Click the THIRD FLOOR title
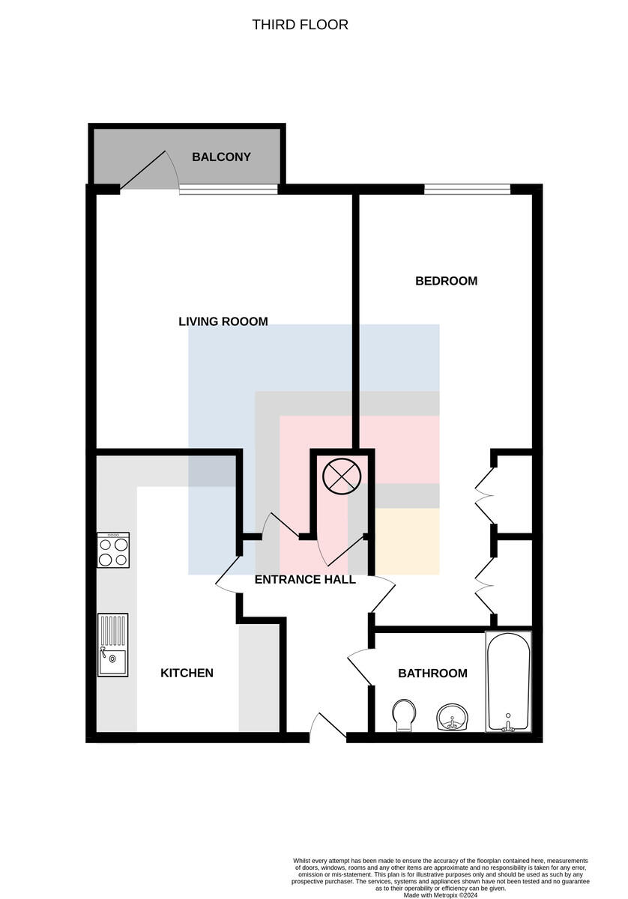[300, 25]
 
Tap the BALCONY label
[221, 157]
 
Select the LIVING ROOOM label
[223, 321]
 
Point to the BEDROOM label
[446, 281]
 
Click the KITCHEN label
[187, 673]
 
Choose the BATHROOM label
[432, 673]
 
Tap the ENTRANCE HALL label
[305, 580]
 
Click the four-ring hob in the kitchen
[113, 550]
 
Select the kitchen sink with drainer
[113, 645]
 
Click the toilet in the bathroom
[403, 715]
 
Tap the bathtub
[508, 682]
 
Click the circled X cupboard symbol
[342, 476]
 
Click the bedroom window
[467, 189]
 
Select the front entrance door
[327, 726]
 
